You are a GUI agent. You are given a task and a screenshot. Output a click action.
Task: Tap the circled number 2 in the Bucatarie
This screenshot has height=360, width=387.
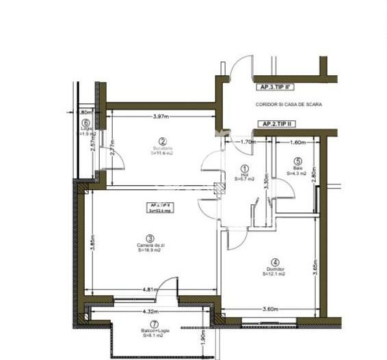[163, 141]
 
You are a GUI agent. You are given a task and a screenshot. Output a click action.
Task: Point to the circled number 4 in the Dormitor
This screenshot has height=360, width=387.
[275, 262]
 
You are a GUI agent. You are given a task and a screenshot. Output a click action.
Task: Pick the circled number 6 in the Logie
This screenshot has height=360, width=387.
[85, 124]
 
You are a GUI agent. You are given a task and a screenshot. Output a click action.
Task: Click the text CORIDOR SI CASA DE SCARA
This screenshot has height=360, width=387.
[289, 105]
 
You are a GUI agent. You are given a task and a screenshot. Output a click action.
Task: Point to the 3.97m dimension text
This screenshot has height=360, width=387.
[162, 117]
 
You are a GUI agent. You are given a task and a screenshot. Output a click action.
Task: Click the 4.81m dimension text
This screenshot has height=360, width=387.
[150, 290]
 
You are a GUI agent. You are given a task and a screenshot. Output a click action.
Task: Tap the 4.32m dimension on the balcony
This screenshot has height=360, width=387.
[152, 311]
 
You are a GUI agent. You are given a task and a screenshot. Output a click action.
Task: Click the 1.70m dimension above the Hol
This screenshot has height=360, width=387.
[248, 142]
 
